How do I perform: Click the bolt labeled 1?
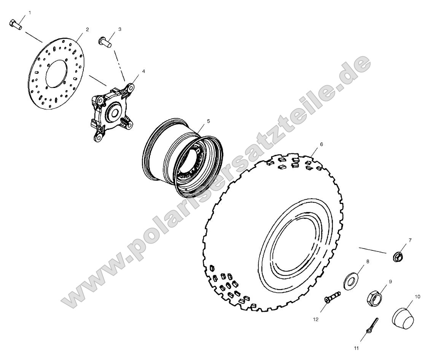click(x=15, y=24)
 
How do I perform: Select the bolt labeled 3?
click(x=105, y=41)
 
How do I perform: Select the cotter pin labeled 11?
click(x=372, y=326)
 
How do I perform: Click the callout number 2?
click(x=87, y=29)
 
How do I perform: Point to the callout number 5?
click(x=208, y=121)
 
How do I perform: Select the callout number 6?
click(x=321, y=145)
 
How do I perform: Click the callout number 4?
click(x=133, y=71)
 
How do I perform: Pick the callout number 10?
click(x=417, y=296)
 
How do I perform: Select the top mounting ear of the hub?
click(x=130, y=88)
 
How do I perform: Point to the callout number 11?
click(x=356, y=347)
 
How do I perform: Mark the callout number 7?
click(x=410, y=240)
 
